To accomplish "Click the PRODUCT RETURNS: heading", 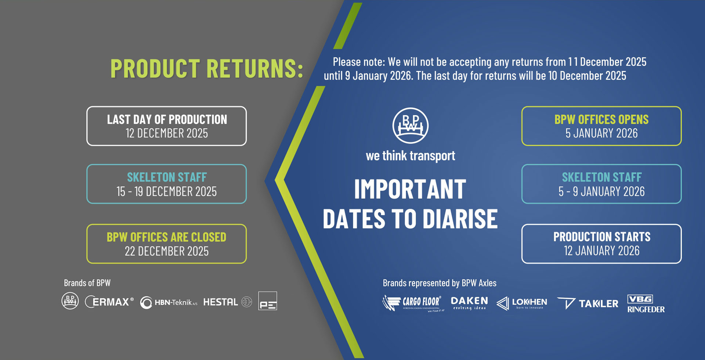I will [207, 69].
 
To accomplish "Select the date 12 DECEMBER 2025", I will [167, 133].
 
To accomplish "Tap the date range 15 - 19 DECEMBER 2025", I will [167, 191].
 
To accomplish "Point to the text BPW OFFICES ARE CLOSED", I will [167, 237].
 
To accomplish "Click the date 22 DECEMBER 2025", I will [167, 251].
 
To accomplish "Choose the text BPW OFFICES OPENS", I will [601, 119].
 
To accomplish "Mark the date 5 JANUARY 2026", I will [601, 133].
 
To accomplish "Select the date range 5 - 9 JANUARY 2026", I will [601, 191].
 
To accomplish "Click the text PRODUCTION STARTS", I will [601, 237].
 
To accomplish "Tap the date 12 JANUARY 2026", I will [601, 251].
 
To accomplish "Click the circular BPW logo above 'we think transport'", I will [411, 125].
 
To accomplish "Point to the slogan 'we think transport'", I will [411, 156].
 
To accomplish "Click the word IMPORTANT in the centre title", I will [410, 189].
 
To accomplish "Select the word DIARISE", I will [460, 219].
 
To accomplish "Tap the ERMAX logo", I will [109, 302].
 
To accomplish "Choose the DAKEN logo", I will [469, 303].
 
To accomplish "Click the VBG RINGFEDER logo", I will [646, 304].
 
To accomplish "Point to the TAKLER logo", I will [588, 303].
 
